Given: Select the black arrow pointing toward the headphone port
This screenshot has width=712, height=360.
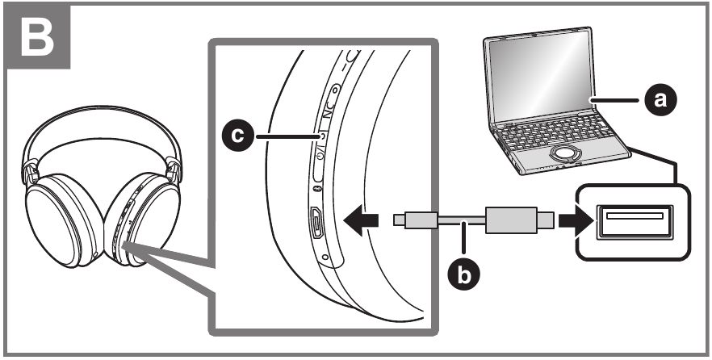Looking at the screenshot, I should click(x=361, y=219).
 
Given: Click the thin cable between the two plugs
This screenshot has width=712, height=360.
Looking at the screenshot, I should click(x=460, y=219).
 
